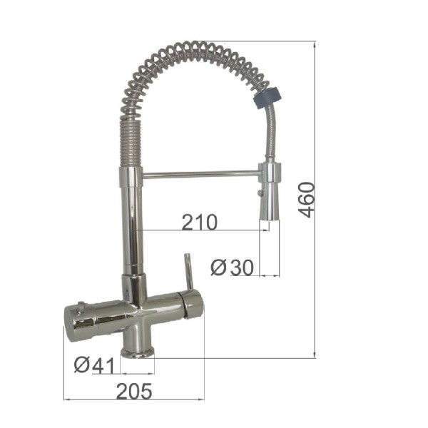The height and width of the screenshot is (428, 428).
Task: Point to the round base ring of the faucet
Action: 138,352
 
